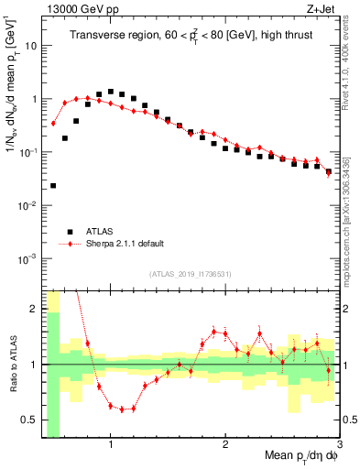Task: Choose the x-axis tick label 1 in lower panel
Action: (x=111, y=445)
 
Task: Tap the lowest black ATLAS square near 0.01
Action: (x=53, y=186)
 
